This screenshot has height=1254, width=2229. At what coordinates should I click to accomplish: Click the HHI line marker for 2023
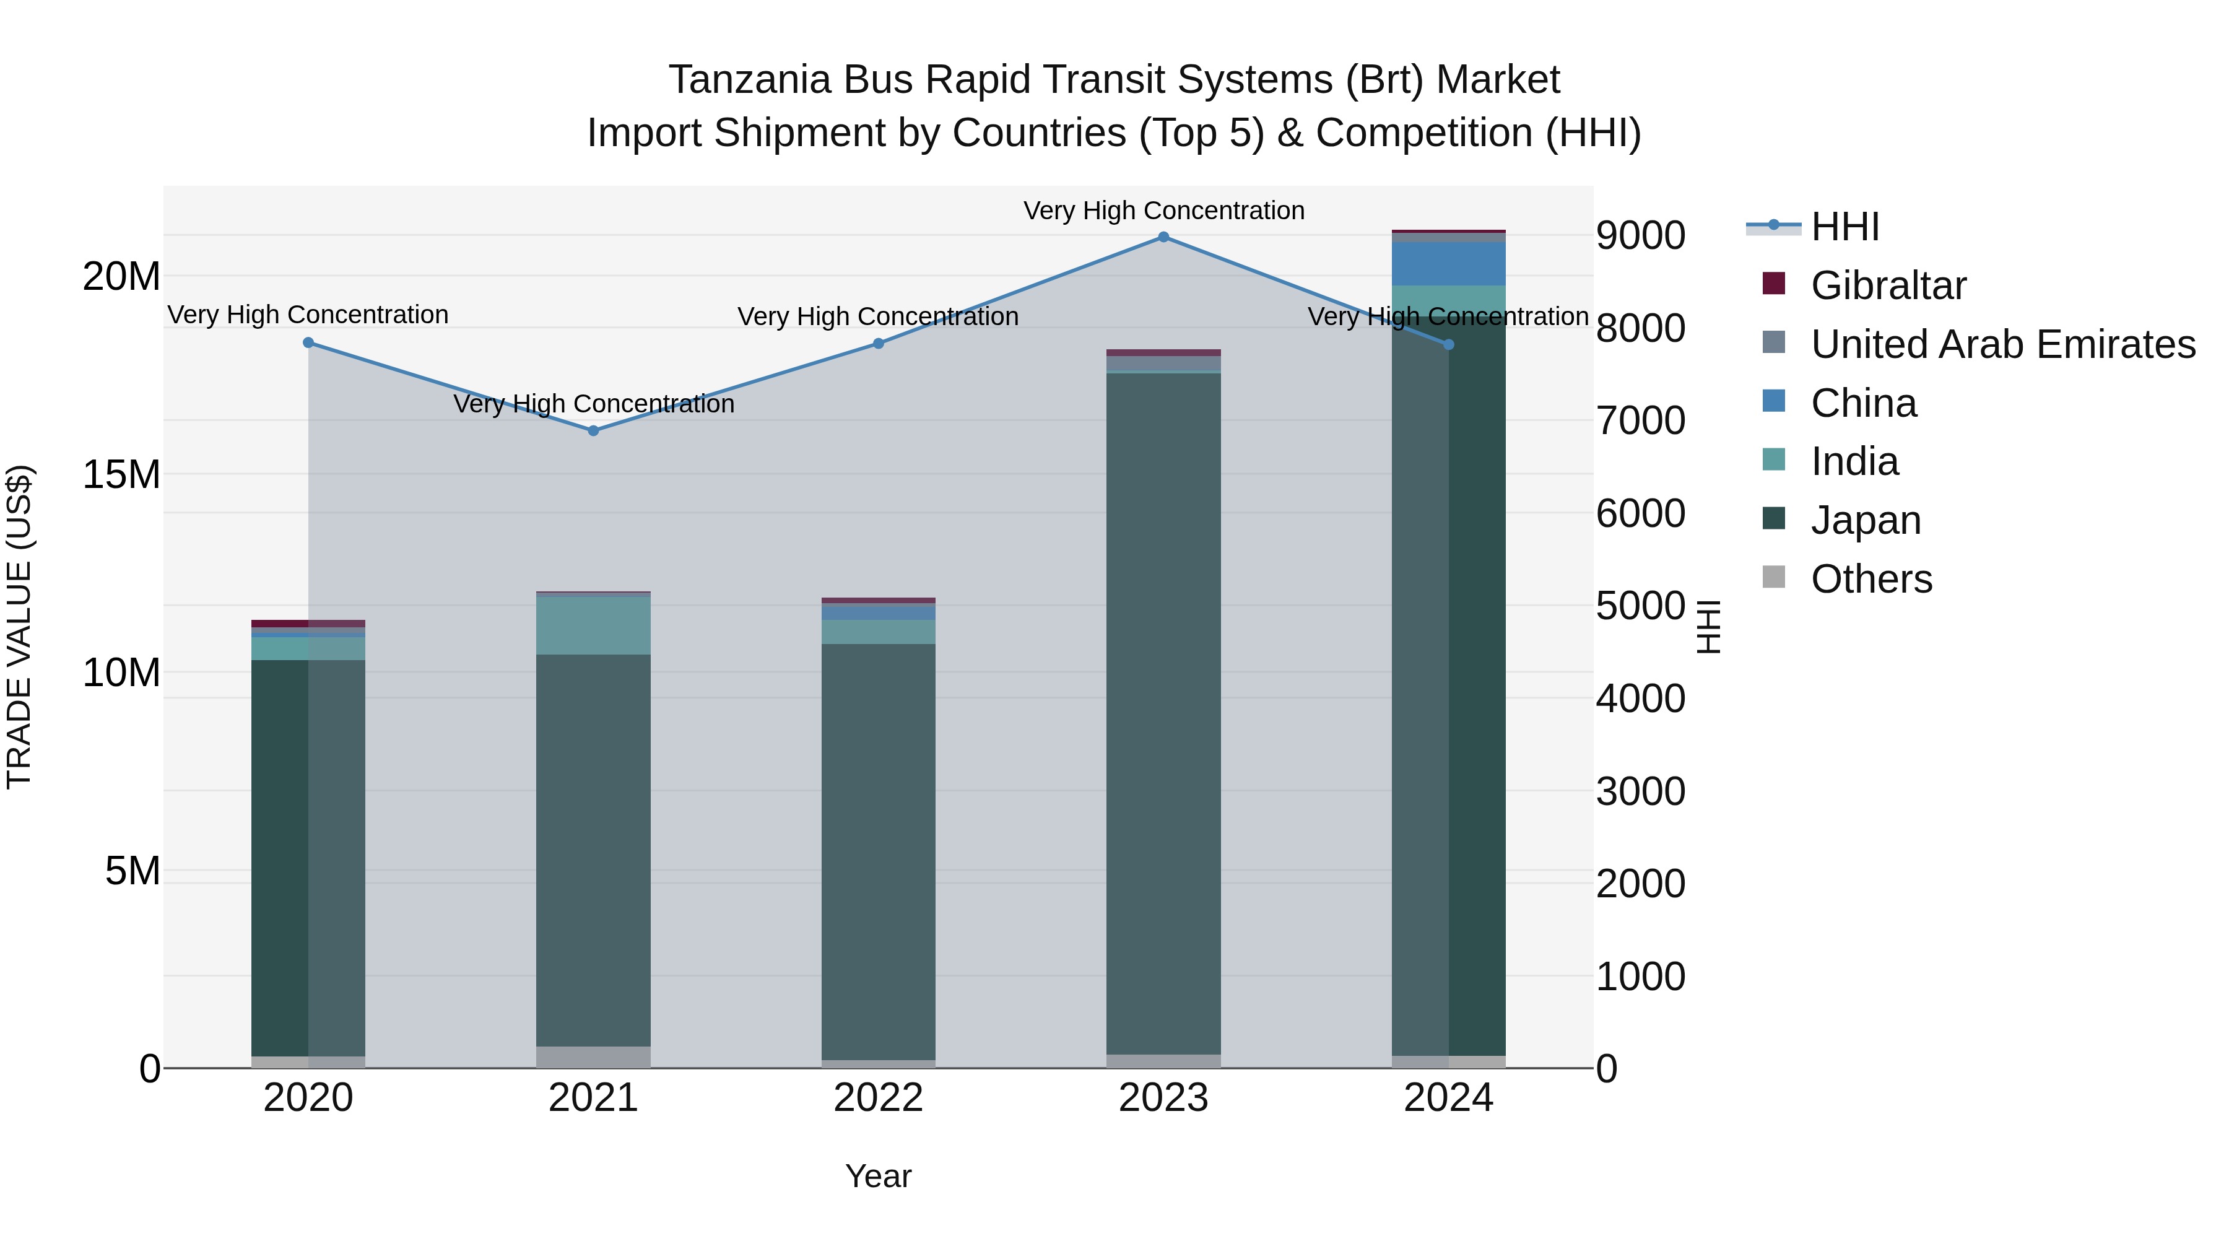tap(1163, 237)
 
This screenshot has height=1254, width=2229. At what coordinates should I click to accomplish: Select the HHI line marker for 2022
tap(878, 344)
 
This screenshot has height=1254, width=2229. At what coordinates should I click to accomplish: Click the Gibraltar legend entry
tap(1887, 285)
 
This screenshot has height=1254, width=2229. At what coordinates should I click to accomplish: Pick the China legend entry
tap(1863, 403)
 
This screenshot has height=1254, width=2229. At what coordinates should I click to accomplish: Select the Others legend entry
tap(1871, 579)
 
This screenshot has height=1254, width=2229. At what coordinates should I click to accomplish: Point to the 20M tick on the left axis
tap(121, 277)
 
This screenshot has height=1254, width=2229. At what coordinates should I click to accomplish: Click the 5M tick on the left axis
tap(133, 871)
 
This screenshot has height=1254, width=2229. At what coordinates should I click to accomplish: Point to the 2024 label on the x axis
tap(1448, 1098)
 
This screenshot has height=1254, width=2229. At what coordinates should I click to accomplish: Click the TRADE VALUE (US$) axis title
tap(20, 627)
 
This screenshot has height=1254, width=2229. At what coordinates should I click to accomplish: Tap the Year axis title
tap(878, 1176)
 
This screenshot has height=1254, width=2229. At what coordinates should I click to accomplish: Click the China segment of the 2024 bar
tap(1448, 264)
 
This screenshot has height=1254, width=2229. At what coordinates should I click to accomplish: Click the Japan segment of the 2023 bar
tap(1163, 713)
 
